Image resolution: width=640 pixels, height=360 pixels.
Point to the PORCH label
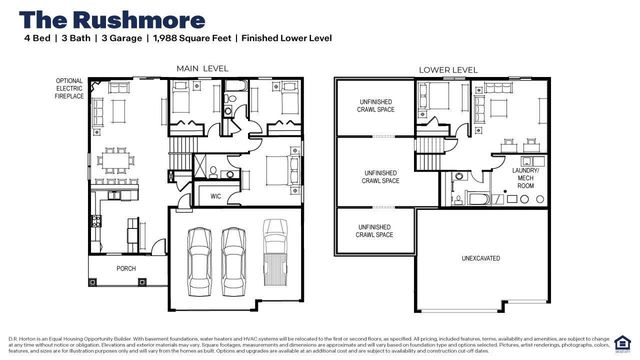click(127, 267)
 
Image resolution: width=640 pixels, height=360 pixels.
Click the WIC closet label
click(215, 196)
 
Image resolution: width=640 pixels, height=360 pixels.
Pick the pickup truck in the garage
click(276, 251)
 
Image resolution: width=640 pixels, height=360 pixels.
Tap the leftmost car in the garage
click(201, 256)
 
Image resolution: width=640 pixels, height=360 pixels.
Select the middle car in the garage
click(235, 256)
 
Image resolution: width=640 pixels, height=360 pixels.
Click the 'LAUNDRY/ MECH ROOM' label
click(525, 177)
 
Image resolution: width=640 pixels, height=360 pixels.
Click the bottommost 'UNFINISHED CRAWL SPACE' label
click(375, 230)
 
